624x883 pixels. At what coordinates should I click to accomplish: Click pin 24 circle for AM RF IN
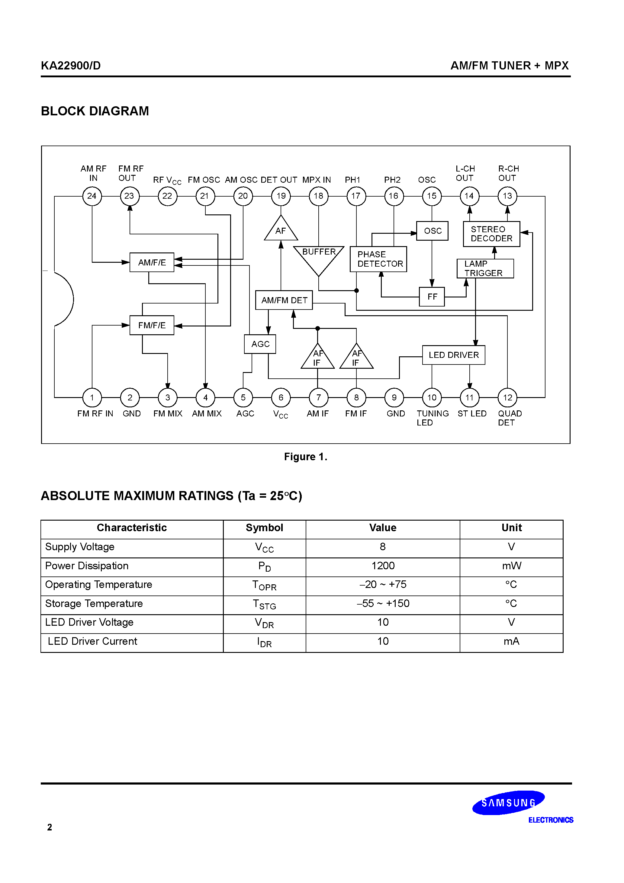coord(92,196)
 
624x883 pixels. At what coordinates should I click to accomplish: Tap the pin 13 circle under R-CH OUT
coord(507,196)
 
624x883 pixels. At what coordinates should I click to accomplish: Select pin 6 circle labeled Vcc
coord(281,398)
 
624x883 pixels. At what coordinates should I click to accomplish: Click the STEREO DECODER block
coord(491,234)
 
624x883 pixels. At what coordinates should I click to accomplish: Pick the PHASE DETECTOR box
coord(378,259)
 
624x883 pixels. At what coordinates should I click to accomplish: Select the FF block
coord(432,297)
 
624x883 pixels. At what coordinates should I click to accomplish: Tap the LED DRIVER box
coord(454,355)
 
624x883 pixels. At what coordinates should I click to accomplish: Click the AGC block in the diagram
coord(260,344)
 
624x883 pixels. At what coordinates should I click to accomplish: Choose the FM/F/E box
coord(152,325)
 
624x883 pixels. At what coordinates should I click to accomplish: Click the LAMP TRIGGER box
coord(485,268)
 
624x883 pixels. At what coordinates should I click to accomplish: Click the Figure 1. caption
coord(305,457)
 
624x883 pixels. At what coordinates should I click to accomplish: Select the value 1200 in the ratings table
coord(383,566)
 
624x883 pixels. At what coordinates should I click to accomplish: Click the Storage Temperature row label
coord(94,603)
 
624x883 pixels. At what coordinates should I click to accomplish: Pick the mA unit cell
coord(511,641)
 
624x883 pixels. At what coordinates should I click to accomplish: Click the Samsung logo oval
coord(508,803)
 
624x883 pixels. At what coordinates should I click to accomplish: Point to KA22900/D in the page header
coord(71,66)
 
